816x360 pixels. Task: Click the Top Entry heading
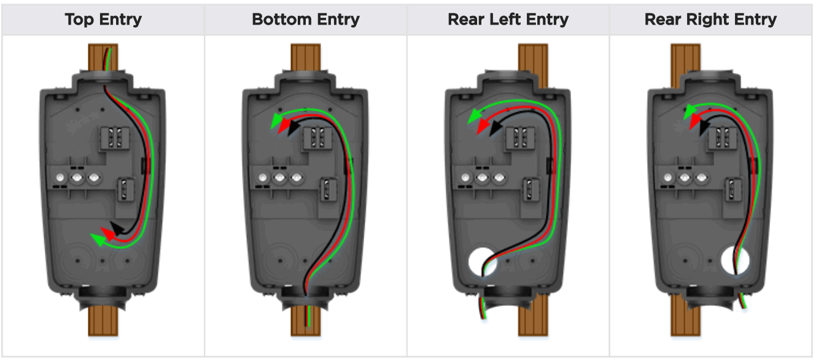(103, 19)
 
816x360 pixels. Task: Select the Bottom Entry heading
(305, 19)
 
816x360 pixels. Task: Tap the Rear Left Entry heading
(508, 19)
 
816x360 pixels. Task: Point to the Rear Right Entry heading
(710, 19)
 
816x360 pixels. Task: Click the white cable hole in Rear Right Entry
(736, 260)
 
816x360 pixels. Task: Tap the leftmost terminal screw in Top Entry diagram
(60, 178)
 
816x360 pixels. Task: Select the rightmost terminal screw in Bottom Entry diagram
(297, 178)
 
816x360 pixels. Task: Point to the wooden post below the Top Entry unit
(103, 321)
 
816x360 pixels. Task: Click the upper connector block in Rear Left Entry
(521, 138)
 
